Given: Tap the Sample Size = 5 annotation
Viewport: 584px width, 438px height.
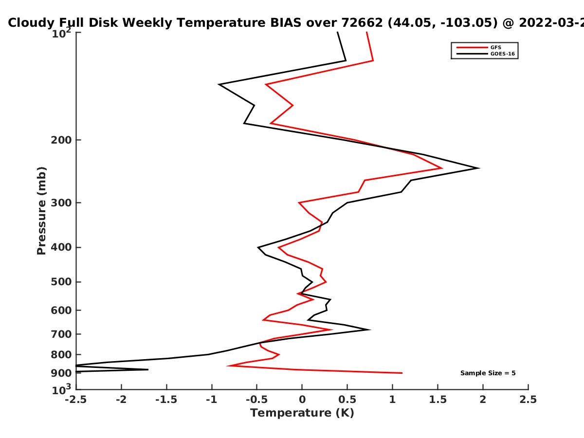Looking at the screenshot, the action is tap(488, 373).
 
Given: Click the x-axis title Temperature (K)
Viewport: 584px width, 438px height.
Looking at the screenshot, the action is tap(302, 413).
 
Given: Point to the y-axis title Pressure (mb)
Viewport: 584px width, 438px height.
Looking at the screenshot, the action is tap(41, 211).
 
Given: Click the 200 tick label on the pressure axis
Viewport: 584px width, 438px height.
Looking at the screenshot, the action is tap(61, 140).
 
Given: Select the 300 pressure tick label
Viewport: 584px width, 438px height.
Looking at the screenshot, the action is tap(61, 203).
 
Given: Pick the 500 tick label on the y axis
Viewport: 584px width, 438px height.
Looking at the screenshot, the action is tap(61, 282).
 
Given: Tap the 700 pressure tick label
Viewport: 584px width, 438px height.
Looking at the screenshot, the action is tap(61, 334).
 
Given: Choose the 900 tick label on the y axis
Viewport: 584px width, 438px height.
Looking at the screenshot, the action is tap(61, 373).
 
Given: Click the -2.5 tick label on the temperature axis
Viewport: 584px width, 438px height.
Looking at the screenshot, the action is tap(76, 400).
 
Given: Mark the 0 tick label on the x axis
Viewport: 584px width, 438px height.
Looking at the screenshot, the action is tap(302, 400).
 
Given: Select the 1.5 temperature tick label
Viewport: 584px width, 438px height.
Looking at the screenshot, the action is tap(438, 400).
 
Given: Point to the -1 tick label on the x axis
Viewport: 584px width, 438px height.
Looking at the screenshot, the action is tap(212, 400).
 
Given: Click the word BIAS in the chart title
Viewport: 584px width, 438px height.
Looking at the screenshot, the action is tap(286, 23).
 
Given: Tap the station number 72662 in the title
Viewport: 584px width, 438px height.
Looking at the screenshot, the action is tap(362, 23).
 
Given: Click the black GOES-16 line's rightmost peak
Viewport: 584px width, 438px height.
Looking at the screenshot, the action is tap(479, 168).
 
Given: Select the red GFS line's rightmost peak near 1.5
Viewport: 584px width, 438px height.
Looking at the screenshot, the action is tap(442, 168).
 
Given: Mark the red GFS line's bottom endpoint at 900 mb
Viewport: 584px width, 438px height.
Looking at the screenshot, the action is tap(402, 373).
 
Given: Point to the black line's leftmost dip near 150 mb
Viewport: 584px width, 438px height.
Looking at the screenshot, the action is tap(219, 84).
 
